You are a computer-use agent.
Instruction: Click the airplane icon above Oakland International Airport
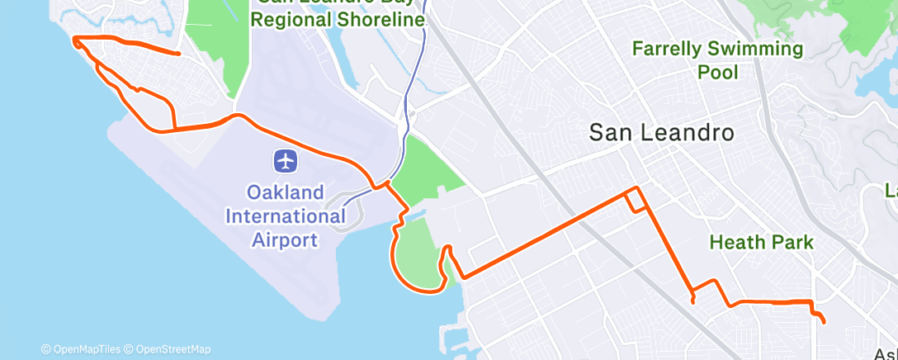click(x=286, y=161)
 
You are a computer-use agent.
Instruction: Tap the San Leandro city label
click(x=662, y=133)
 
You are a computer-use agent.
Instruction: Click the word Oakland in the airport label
click(x=286, y=192)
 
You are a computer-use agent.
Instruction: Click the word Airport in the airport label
click(x=286, y=240)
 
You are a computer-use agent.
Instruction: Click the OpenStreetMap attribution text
click(x=173, y=349)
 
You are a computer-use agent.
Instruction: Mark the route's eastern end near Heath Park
click(x=824, y=320)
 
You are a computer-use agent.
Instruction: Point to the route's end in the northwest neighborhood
click(x=180, y=54)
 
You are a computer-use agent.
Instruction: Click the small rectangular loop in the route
click(x=635, y=200)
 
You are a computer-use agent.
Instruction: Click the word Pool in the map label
click(x=717, y=73)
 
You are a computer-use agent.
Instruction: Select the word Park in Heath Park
click(x=793, y=243)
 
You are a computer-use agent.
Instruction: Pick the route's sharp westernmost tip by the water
click(x=73, y=39)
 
